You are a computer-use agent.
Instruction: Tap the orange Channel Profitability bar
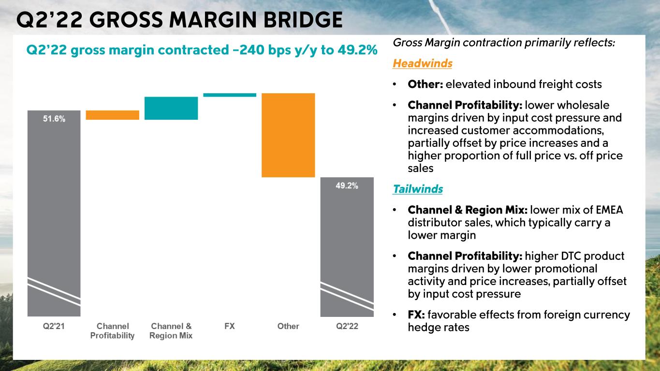tap(112, 115)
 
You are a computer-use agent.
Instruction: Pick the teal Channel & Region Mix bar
tap(171, 108)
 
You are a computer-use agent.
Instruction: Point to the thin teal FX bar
tap(230, 95)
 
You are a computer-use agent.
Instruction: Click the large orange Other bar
tap(288, 135)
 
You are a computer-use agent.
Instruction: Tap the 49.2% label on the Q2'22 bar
tap(347, 186)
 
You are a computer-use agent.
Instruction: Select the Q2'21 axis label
tap(54, 326)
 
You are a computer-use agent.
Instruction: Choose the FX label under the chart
tap(230, 326)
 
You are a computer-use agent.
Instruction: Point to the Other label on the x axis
tap(288, 326)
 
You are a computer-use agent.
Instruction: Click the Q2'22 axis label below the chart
tap(347, 326)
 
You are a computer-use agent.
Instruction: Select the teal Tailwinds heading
tap(418, 189)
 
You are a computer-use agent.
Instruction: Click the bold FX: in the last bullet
tap(416, 315)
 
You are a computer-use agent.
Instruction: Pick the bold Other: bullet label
tap(425, 85)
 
